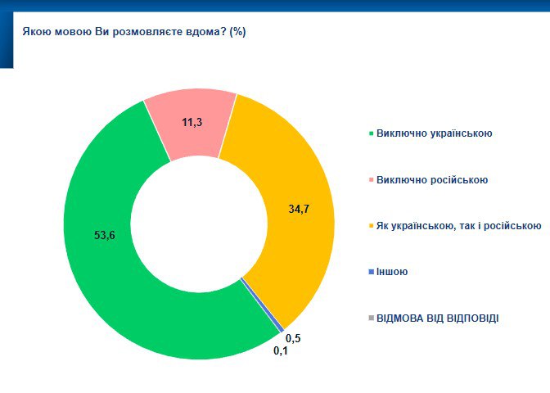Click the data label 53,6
pyautogui.click(x=105, y=236)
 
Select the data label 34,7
pyautogui.click(x=300, y=209)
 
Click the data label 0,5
pyautogui.click(x=292, y=337)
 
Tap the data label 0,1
pyautogui.click(x=281, y=351)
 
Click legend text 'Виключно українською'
pyautogui.click(x=434, y=133)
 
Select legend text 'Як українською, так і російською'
pyautogui.click(x=459, y=225)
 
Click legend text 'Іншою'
pyautogui.click(x=392, y=272)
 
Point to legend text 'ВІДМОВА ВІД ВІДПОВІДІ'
pyautogui.click(x=437, y=318)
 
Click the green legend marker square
pyautogui.click(x=371, y=133)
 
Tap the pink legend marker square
pyautogui.click(x=371, y=180)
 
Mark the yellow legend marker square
pyautogui.click(x=371, y=226)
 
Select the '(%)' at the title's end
pyautogui.click(x=238, y=32)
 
